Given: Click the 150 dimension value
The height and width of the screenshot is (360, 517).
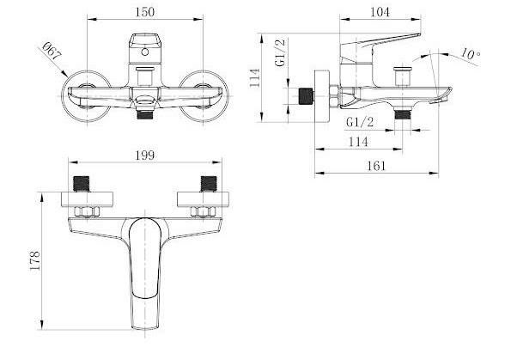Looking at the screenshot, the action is point(145,12).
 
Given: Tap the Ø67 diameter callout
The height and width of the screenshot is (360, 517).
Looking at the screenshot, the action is point(52,52).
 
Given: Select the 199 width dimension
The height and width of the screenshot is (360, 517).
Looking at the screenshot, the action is point(145,156).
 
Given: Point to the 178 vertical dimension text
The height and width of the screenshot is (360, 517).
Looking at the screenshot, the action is point(35,260).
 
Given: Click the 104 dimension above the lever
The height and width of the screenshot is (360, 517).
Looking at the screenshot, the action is point(380,12).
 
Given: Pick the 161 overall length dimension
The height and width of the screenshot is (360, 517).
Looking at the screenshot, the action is point(376,166).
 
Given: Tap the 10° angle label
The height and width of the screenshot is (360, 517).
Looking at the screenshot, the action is point(471,54).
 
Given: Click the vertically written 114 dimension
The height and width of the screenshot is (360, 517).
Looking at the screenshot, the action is point(255,78).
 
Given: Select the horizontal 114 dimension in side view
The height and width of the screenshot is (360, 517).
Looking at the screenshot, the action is point(358,142).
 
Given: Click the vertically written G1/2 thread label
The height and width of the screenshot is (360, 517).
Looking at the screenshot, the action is point(280,52).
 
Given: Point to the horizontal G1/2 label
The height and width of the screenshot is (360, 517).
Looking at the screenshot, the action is point(360,122).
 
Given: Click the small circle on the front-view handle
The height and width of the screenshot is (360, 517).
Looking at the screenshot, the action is point(145,52).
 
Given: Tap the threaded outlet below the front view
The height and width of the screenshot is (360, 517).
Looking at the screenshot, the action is point(144,115).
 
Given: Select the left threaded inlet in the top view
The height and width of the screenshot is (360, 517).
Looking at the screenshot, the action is point(81,184).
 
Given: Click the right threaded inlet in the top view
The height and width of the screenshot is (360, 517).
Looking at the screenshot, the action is point(209,184).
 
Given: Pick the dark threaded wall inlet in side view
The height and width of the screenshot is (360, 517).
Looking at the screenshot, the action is point(306,96).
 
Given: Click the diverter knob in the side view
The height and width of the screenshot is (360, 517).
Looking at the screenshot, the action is point(402,76).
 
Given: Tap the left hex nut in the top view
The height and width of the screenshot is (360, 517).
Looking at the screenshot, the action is point(87,212).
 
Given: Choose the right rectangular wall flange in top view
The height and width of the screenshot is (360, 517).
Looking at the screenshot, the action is point(203,199).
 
